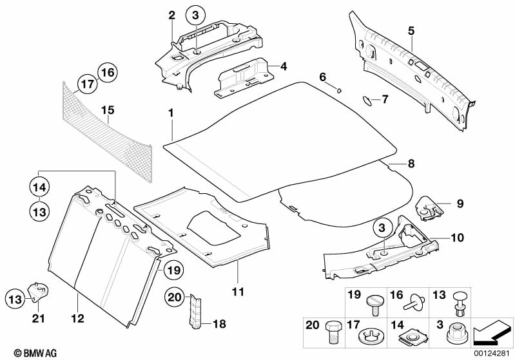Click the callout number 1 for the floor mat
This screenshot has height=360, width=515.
tap(171, 113)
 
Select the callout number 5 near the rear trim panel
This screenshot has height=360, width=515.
tap(411, 30)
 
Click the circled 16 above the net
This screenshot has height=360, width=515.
tap(108, 72)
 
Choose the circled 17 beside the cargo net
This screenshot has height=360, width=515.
tap(87, 84)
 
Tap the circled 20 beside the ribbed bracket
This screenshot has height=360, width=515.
tap(174, 297)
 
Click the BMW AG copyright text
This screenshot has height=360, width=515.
tap(24, 353)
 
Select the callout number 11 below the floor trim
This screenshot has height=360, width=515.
tap(238, 292)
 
